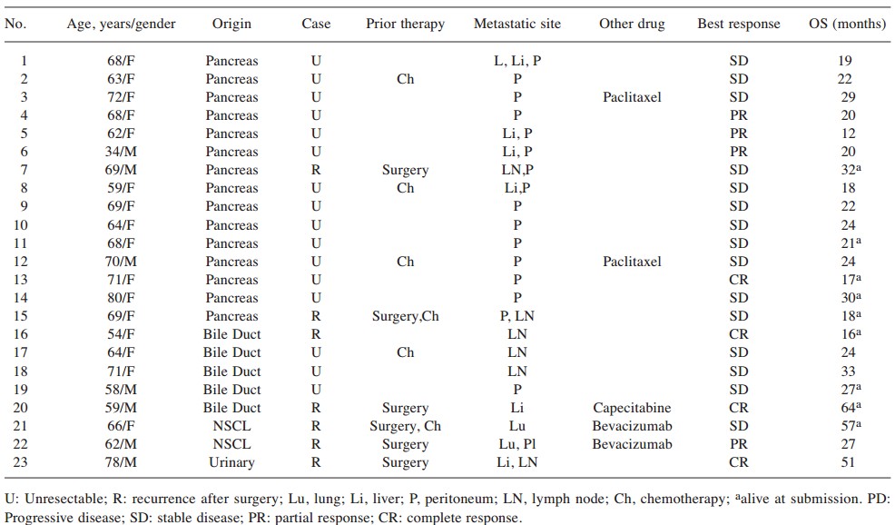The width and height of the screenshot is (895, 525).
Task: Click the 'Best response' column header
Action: (x=738, y=25)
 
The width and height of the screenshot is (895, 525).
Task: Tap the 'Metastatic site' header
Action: (x=517, y=25)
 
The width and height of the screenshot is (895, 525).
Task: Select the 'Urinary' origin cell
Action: (x=231, y=462)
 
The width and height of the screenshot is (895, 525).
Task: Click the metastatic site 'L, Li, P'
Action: (x=517, y=61)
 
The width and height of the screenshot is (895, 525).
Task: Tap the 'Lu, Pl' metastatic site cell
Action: (x=517, y=444)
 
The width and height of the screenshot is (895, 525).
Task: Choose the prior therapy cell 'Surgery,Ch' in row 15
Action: (x=405, y=316)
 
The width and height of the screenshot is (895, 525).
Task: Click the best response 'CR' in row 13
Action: (x=738, y=280)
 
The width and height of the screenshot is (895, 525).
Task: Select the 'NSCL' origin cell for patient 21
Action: (x=231, y=426)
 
